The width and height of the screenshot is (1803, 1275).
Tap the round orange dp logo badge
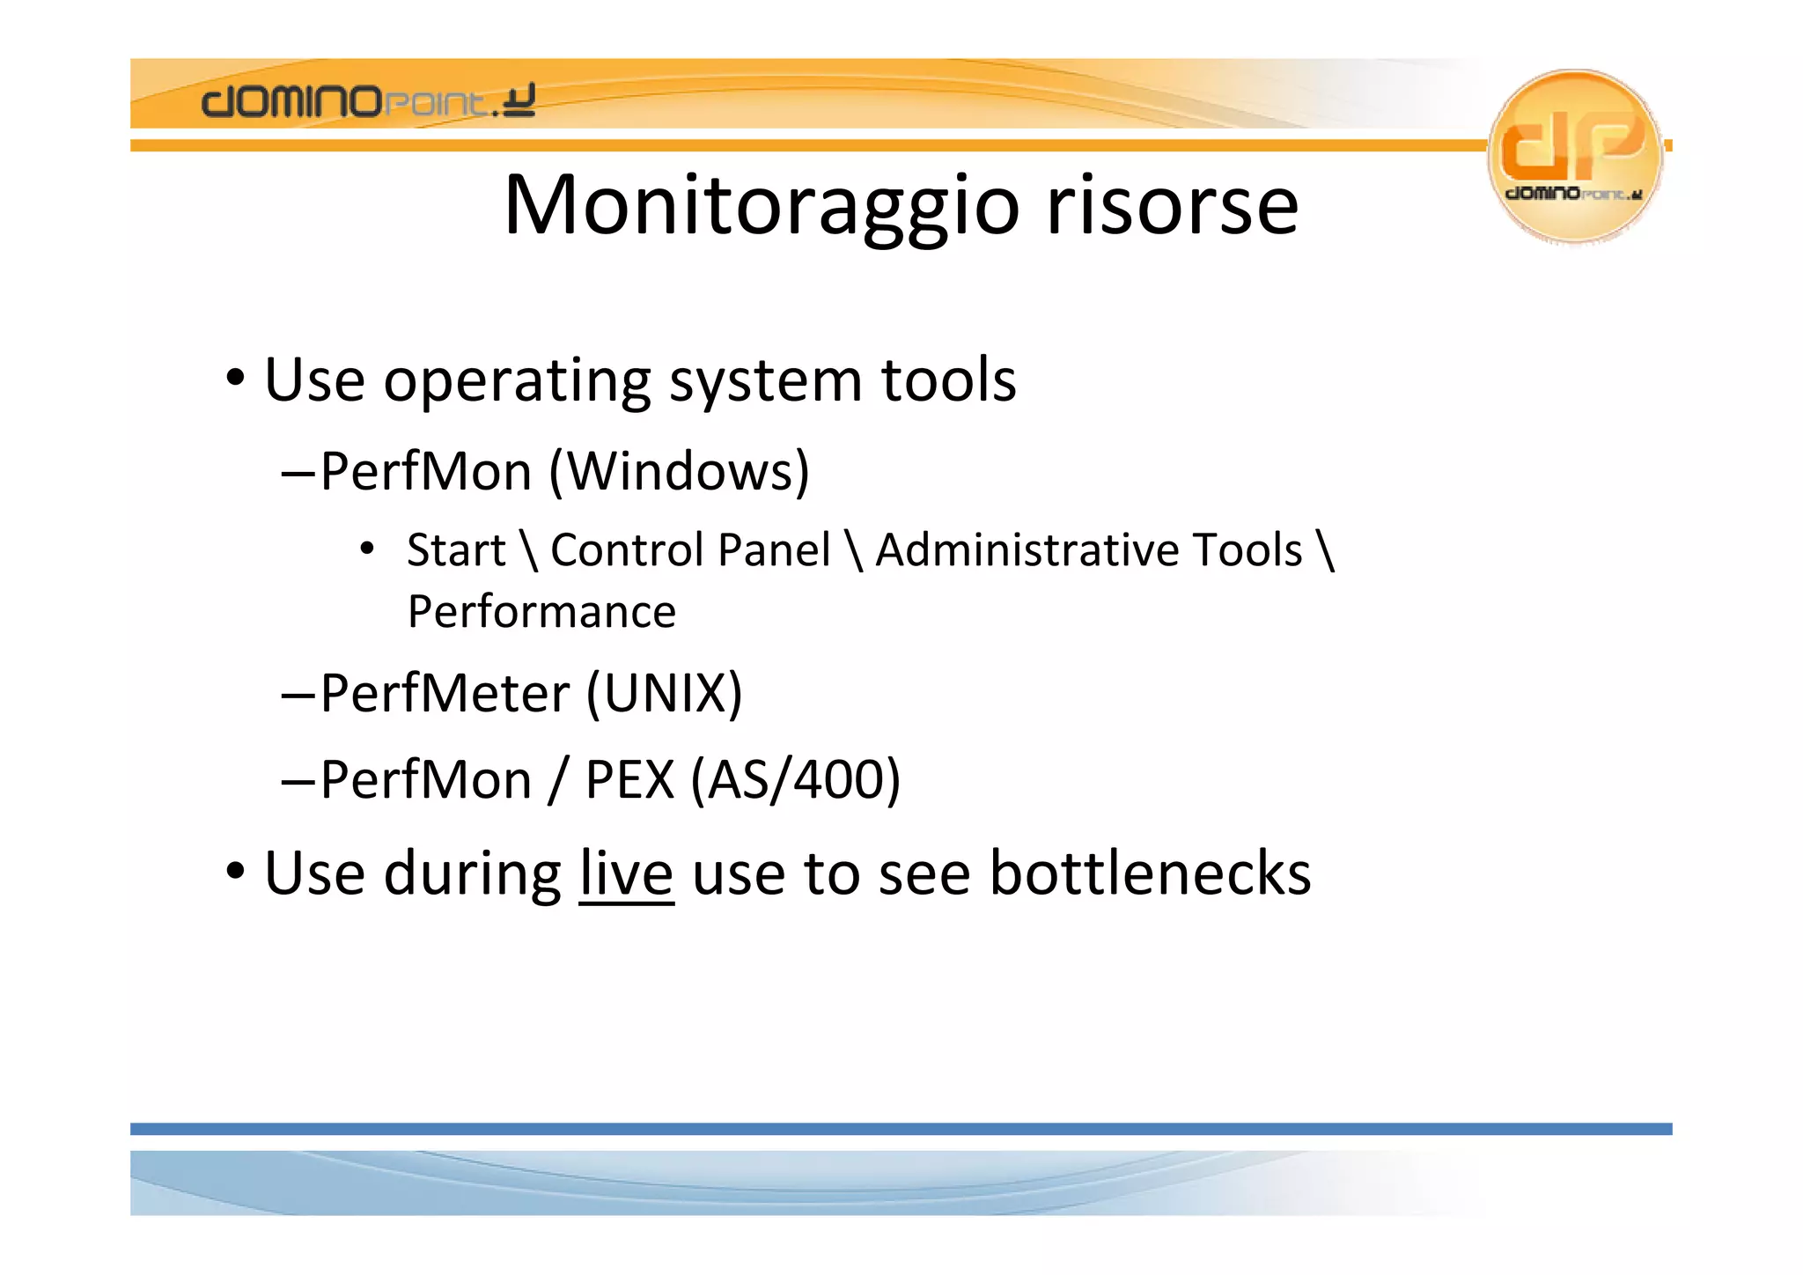(1574, 155)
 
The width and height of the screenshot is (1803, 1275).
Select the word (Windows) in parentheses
(679, 471)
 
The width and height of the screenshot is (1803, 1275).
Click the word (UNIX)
(665, 693)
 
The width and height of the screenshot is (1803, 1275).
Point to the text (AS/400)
(795, 780)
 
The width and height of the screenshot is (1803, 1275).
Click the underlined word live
(626, 873)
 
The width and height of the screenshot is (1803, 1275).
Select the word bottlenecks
(1150, 873)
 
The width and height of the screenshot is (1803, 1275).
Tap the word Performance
(541, 612)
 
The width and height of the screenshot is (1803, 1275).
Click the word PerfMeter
(445, 693)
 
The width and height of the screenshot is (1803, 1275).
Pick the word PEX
(629, 780)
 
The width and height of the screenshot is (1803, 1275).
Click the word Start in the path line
(456, 550)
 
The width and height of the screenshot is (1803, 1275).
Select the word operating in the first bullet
(516, 380)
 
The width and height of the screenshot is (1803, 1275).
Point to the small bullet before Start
(367, 549)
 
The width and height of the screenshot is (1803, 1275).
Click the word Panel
(774, 550)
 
